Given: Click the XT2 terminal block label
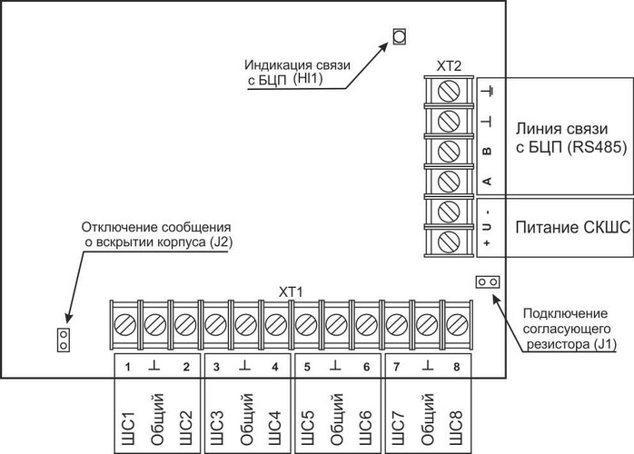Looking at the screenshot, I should pos(449,65).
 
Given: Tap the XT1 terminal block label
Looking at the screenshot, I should pos(291,291).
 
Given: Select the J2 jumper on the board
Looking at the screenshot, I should pos(63,340).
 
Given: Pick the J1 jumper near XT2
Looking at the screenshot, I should pos(486,281).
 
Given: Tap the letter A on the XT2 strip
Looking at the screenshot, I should pos(486,181).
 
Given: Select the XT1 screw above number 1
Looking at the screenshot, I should pos(124,321).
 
